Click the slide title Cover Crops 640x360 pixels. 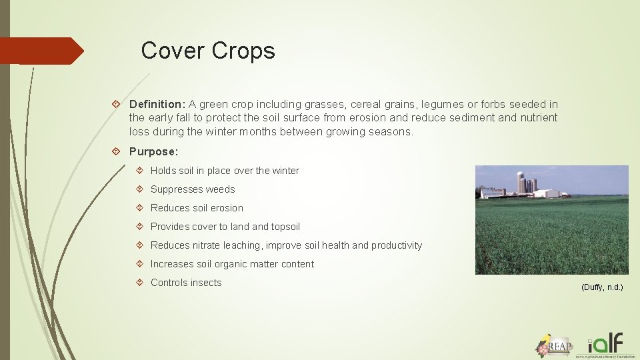point(208,51)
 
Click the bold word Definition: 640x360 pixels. point(157,104)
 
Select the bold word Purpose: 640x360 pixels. point(153,151)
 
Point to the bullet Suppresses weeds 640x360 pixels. point(193,189)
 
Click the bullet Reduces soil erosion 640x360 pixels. point(197,208)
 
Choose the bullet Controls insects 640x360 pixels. point(186,283)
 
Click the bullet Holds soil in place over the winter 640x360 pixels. point(225,171)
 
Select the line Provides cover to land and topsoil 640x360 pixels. point(225,227)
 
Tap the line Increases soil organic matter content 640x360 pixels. point(232,264)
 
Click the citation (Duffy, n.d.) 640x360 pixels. point(602,287)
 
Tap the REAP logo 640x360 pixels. point(554,345)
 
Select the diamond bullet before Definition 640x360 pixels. point(117,105)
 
